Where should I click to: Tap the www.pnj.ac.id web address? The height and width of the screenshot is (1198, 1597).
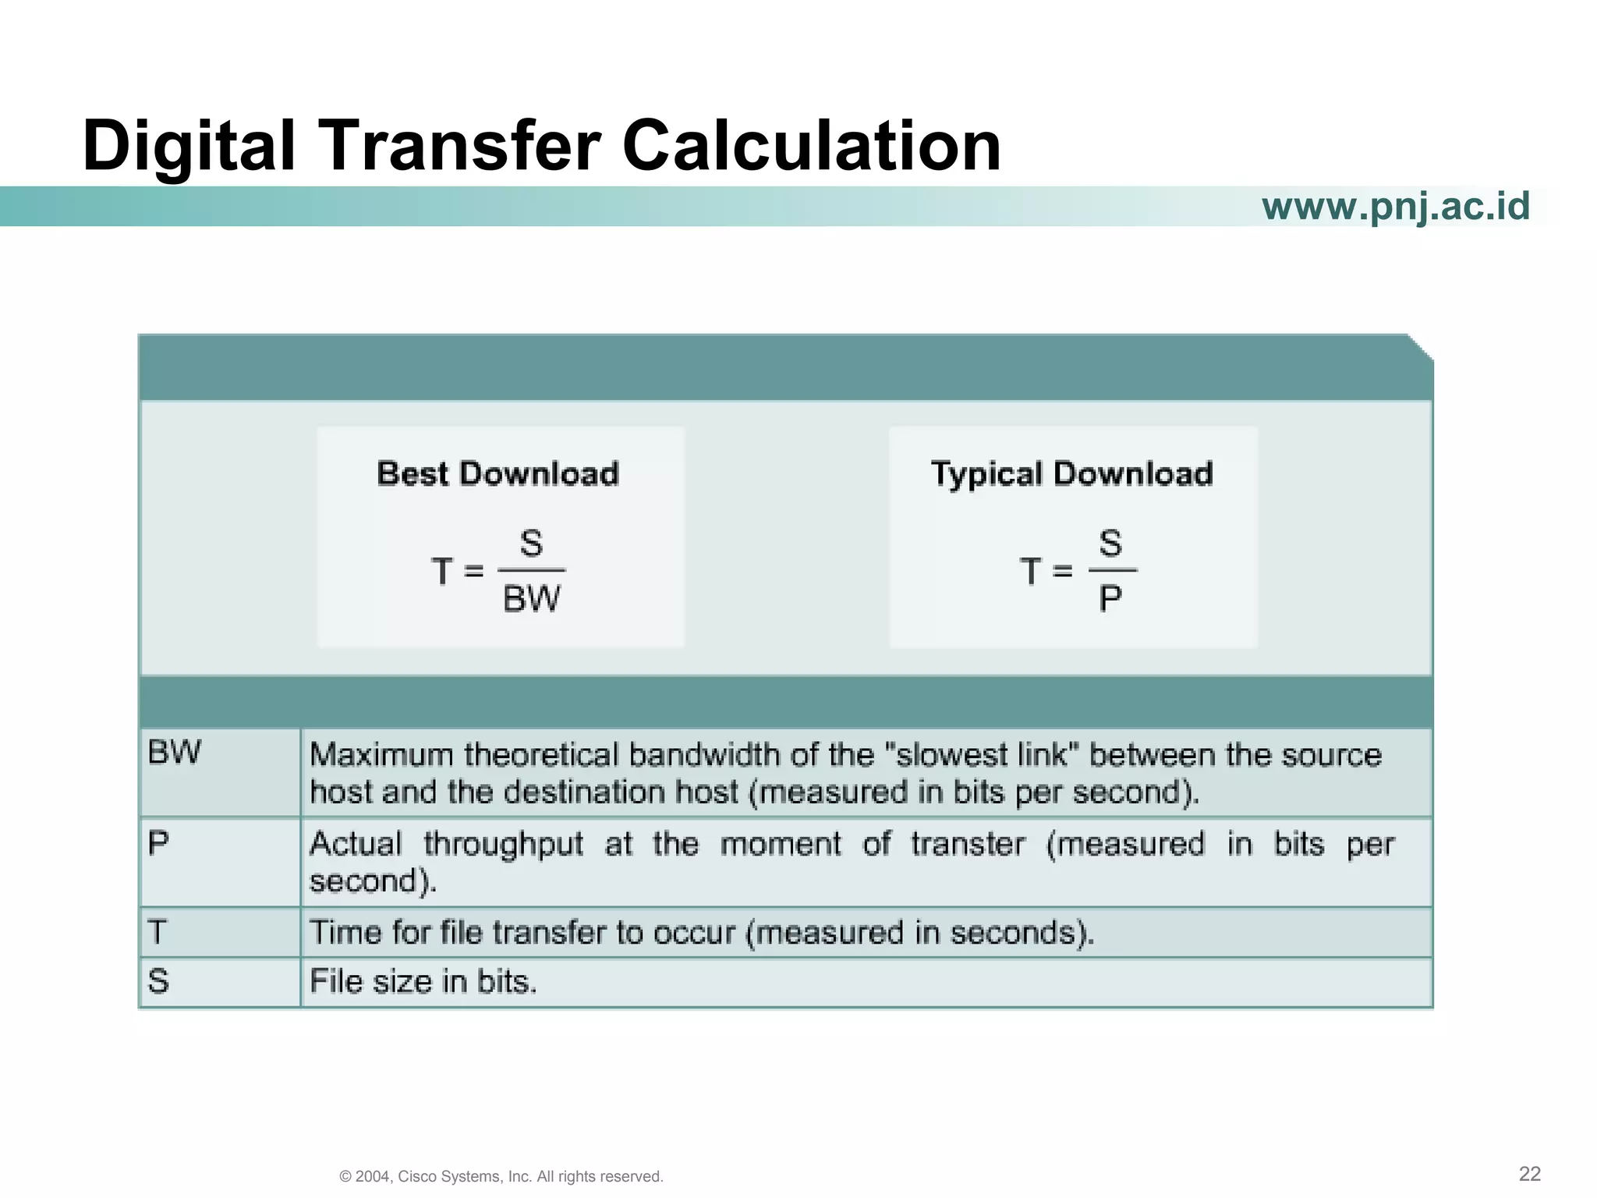[1396, 207]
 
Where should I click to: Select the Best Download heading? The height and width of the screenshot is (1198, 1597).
[498, 474]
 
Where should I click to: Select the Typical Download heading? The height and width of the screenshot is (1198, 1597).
[1072, 474]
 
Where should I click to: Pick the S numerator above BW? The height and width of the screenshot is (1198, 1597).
[531, 543]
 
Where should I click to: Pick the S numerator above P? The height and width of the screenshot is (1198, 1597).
[1110, 543]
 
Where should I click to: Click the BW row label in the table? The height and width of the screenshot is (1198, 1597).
[174, 753]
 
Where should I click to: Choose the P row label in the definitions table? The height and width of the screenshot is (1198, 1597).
[158, 843]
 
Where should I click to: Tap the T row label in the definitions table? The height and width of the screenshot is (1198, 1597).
[158, 932]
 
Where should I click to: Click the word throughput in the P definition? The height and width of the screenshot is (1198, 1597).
[504, 845]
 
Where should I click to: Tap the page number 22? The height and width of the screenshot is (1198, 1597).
[1530, 1174]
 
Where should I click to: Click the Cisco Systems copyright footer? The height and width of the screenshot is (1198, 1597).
[501, 1176]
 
